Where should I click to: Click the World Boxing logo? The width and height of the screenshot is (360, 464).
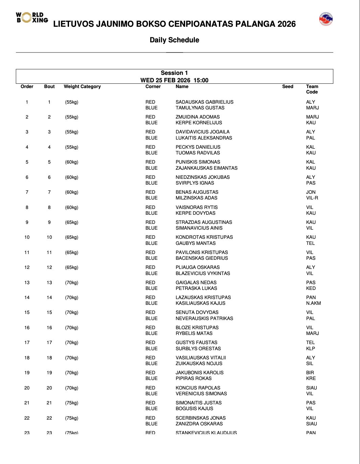pos(32,18)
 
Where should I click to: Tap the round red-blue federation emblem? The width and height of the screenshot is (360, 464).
pos(326,19)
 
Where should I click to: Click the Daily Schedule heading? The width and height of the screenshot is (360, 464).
pos(174,40)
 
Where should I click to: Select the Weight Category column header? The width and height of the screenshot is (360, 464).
pos(82,87)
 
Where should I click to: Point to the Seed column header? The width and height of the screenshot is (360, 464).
pos(288,87)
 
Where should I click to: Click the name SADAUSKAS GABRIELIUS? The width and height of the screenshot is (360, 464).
pos(204,102)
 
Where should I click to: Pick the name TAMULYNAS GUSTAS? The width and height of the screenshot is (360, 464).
pos(200,108)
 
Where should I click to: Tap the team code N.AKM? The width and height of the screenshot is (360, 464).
pos(313,303)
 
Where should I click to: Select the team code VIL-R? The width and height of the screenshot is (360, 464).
pos(312,198)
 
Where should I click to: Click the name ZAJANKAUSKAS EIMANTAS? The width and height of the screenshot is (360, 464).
pos(206,168)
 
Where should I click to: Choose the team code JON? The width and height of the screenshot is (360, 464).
pos(311,192)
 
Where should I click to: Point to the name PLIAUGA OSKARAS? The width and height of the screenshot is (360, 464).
pos(198,267)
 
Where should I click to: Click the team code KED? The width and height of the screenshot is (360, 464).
pos(311,288)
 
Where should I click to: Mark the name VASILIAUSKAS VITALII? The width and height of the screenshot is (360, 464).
pos(201,358)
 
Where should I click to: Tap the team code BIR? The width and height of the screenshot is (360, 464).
pos(310,373)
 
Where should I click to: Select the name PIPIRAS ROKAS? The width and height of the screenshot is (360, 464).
pos(194,378)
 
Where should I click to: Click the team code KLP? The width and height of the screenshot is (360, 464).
pos(310,349)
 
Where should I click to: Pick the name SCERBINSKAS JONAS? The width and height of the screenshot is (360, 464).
pos(201,418)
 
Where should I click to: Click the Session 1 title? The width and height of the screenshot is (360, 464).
pos(174,73)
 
